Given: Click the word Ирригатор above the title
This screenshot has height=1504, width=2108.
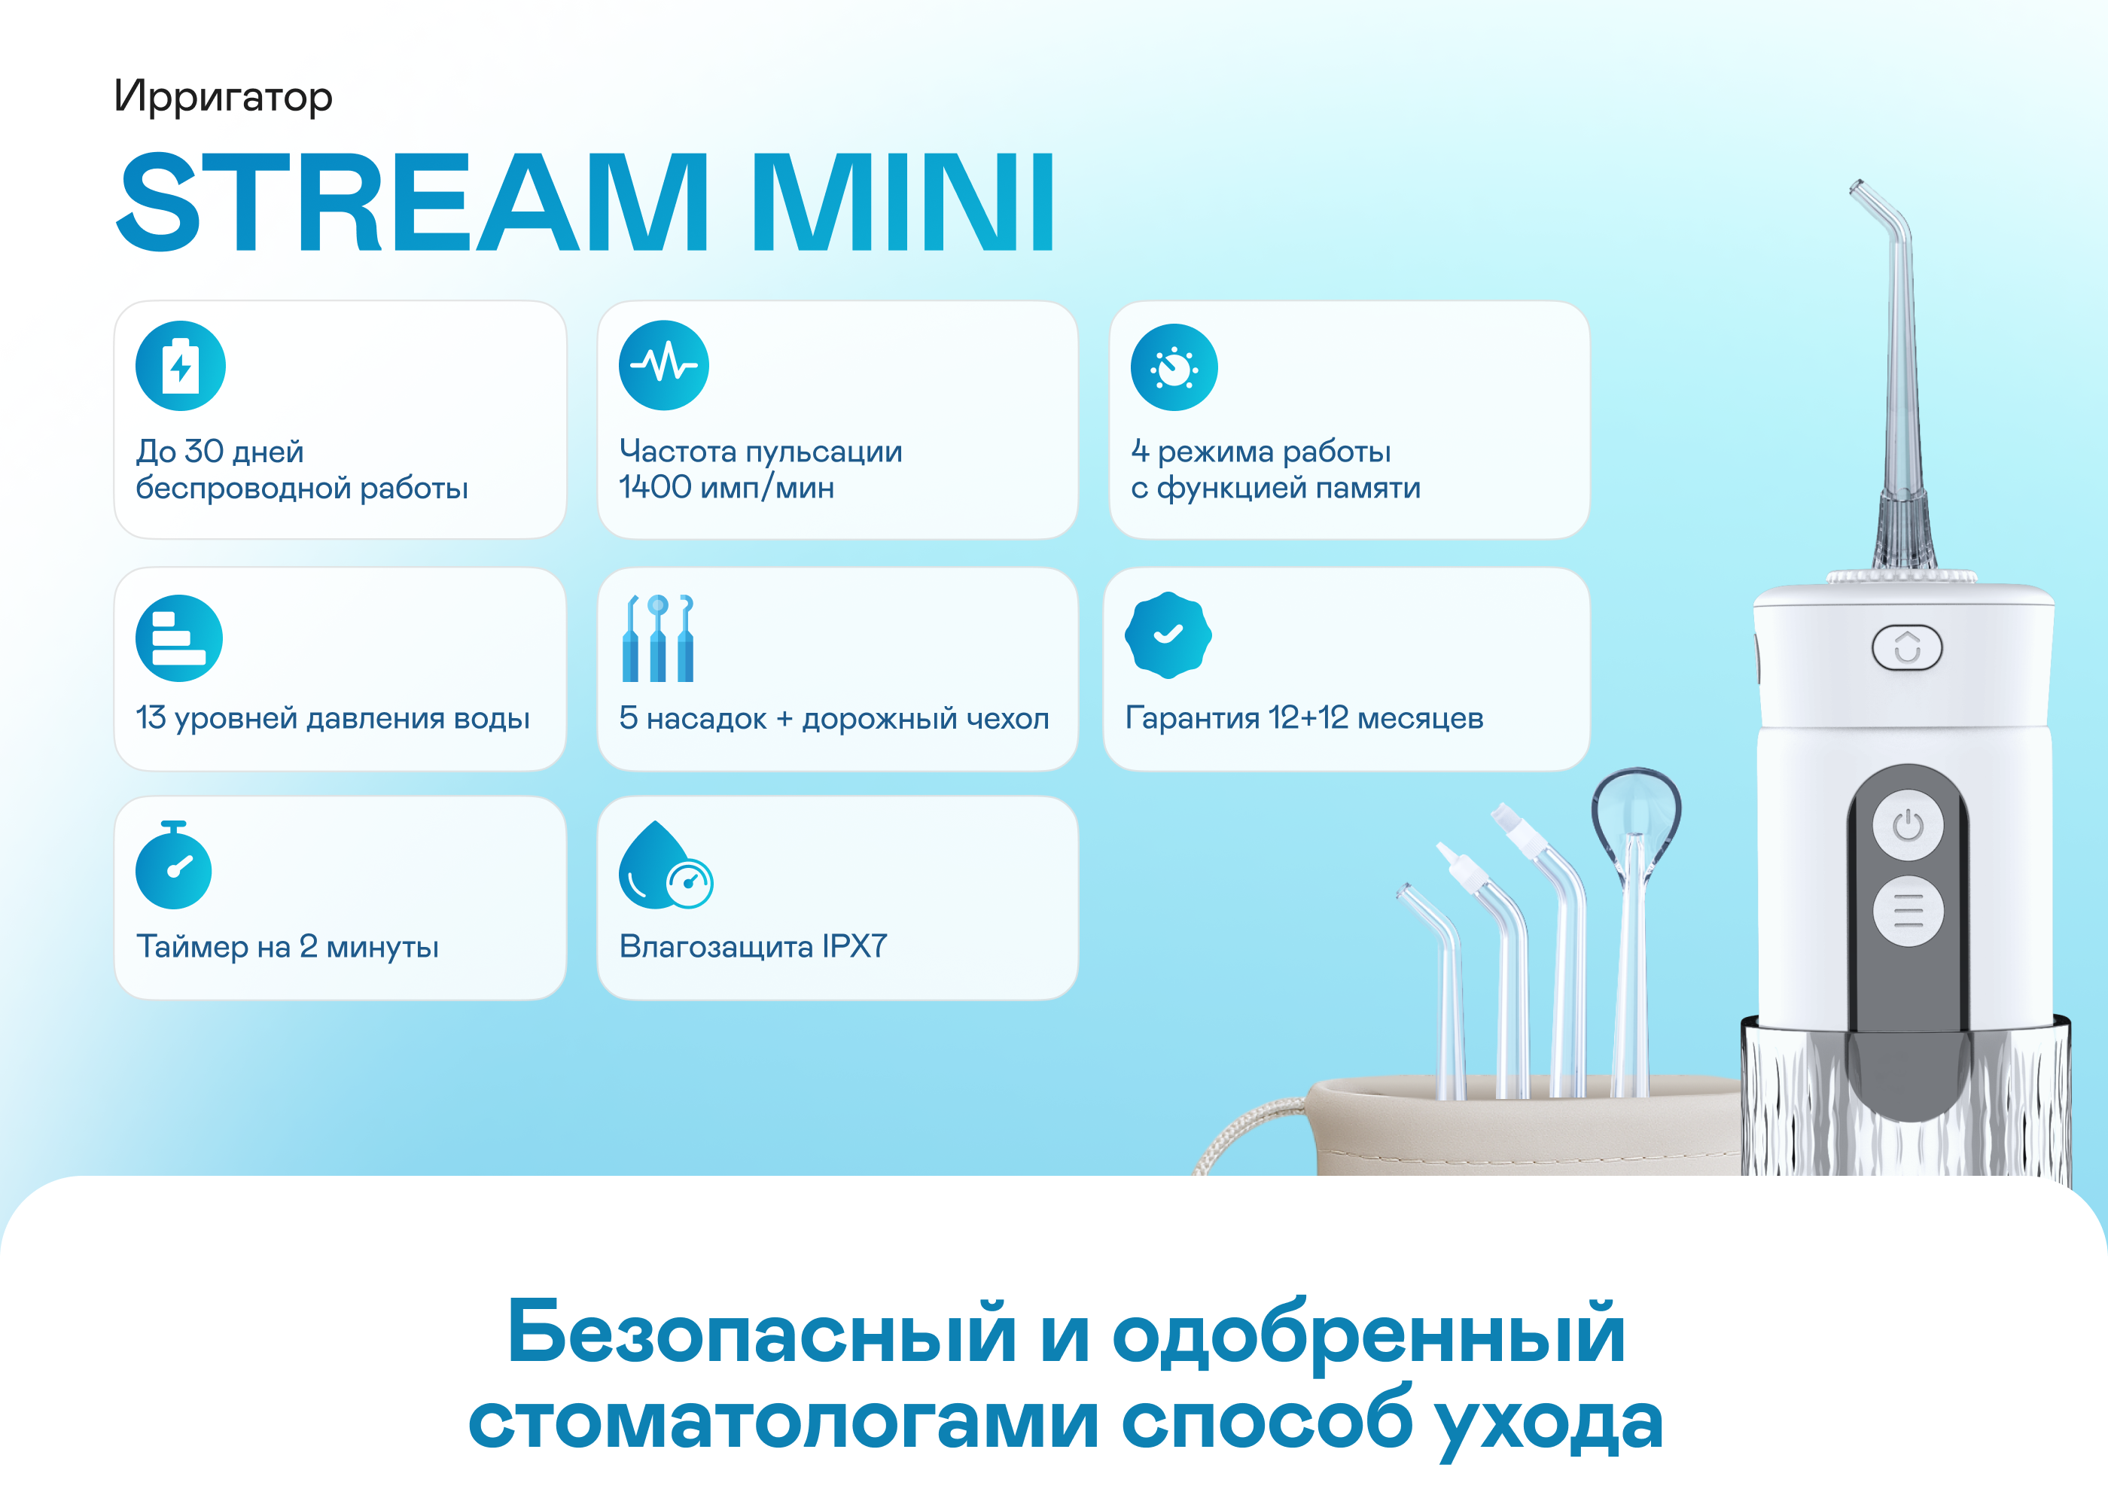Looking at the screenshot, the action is coord(222,97).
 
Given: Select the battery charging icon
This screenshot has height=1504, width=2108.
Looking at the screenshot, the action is coord(181,366).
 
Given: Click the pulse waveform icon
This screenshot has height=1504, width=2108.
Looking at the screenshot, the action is coord(664,366).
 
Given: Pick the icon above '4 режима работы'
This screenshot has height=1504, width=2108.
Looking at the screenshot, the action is coord(1174,367).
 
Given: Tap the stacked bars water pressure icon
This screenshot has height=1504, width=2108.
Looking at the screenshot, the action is coord(178,638).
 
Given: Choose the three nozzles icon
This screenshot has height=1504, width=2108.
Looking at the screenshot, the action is coord(659,638).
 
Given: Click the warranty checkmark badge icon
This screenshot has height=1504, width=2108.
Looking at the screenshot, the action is coord(1168,635).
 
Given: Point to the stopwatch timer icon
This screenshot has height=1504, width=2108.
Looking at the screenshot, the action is coord(173,865).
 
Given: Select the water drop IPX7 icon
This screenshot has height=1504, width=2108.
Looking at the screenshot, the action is coord(665,865).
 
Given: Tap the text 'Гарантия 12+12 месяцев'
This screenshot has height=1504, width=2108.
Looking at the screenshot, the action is coord(1304,717).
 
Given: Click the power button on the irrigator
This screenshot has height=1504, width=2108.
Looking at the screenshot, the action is coord(1907,825).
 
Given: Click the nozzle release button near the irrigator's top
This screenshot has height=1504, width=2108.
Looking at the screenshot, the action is coord(1907,647).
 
